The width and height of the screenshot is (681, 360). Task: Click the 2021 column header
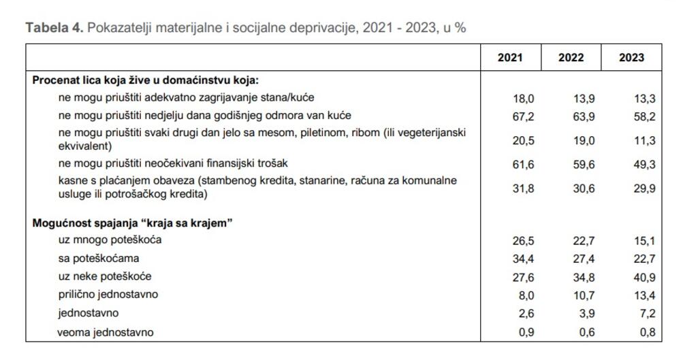point(510,58)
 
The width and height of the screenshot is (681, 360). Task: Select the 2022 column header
point(571,58)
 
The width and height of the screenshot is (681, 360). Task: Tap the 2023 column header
point(631,58)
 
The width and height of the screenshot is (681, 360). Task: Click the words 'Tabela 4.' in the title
point(54,28)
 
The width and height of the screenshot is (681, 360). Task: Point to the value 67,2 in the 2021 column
point(523,116)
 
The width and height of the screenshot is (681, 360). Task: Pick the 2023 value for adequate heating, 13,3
point(644,98)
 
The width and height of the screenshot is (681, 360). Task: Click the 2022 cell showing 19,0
point(584,141)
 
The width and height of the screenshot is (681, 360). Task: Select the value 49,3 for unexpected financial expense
point(644,164)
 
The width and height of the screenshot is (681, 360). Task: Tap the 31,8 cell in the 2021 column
point(523,189)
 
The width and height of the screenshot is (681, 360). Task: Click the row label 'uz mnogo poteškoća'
point(110,240)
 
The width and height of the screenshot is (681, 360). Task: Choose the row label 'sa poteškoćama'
point(99,259)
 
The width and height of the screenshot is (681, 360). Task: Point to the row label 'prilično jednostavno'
point(108,295)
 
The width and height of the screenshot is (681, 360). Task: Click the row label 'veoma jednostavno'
point(106,332)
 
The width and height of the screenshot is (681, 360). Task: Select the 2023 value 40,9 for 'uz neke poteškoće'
point(644,277)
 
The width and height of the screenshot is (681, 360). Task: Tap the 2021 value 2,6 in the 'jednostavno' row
point(526,314)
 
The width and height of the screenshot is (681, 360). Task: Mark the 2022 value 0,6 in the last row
point(586,332)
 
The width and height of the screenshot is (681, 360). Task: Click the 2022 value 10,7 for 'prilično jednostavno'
point(584,295)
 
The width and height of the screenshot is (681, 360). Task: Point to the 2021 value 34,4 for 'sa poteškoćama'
point(523,259)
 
